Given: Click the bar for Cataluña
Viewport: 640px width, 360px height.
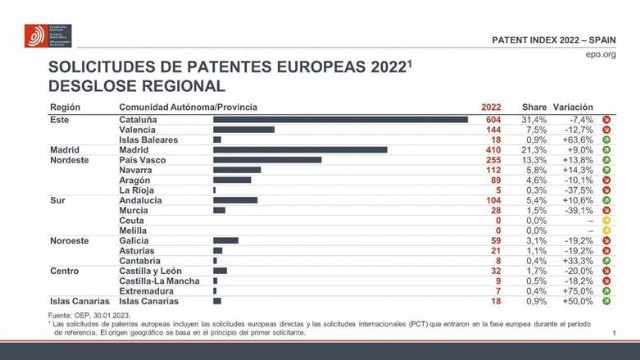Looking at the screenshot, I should (x=340, y=120).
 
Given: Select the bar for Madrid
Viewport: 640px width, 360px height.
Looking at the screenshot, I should (x=300, y=150).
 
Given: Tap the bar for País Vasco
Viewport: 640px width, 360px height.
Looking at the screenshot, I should (x=267, y=160).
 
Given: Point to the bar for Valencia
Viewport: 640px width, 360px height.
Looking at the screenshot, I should (x=243, y=130).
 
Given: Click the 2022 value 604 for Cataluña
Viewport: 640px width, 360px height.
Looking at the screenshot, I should (x=490, y=120).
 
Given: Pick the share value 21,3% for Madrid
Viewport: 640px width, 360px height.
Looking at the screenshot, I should (x=534, y=150).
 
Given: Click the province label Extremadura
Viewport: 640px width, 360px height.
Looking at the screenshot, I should (x=148, y=290).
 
